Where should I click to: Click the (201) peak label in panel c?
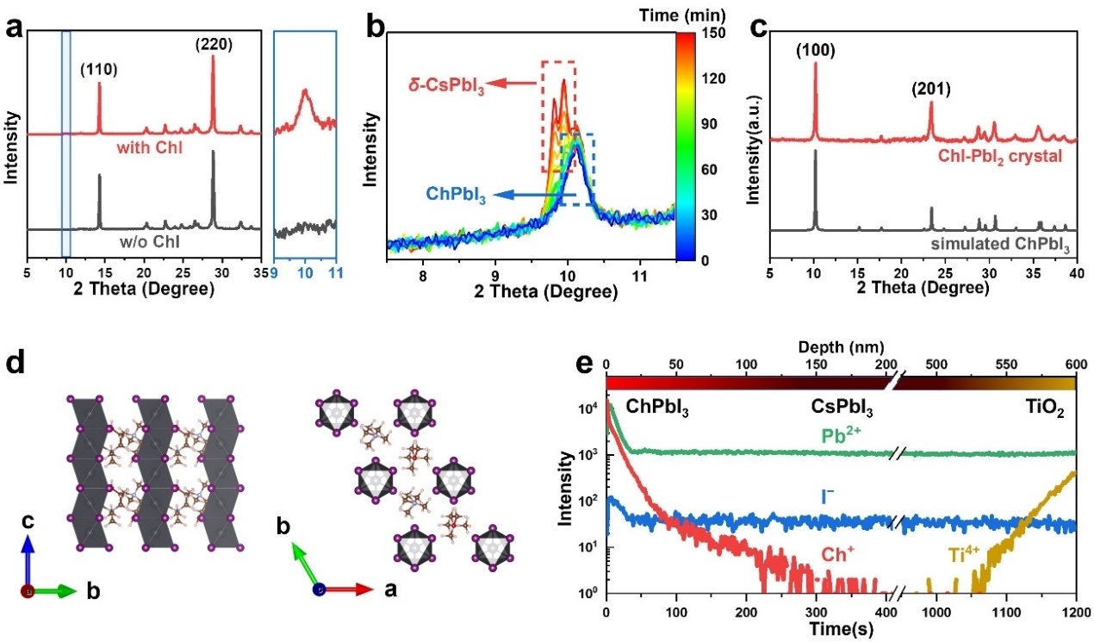[929, 88]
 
